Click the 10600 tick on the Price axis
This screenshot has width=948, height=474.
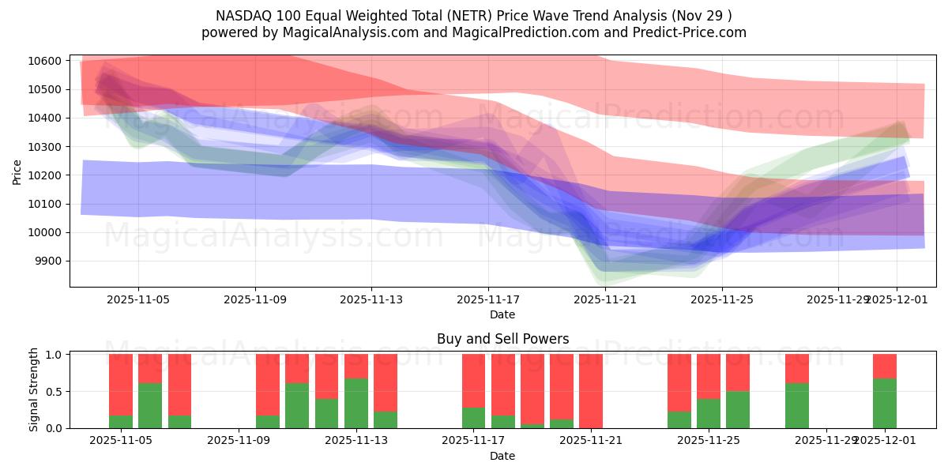coord(46,61)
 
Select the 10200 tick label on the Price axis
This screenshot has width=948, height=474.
coord(46,175)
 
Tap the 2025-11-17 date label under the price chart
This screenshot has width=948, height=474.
coord(488,299)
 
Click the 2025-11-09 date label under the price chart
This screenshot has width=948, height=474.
coord(255,299)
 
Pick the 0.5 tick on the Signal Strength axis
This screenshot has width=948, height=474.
coord(55,392)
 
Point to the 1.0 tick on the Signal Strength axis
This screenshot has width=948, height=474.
coord(55,355)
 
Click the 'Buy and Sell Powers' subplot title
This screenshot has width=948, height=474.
coord(502,339)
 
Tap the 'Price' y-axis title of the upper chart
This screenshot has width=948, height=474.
coord(17,171)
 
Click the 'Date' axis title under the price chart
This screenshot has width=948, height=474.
coord(502,314)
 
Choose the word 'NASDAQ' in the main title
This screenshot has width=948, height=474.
coord(242,16)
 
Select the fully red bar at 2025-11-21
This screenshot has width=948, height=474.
coord(591,391)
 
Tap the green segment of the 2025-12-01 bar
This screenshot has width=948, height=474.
coord(885,404)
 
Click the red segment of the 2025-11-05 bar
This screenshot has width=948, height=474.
coord(121,383)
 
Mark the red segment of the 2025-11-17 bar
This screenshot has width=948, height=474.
coord(473,380)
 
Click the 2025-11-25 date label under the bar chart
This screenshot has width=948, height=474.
coord(709,441)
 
